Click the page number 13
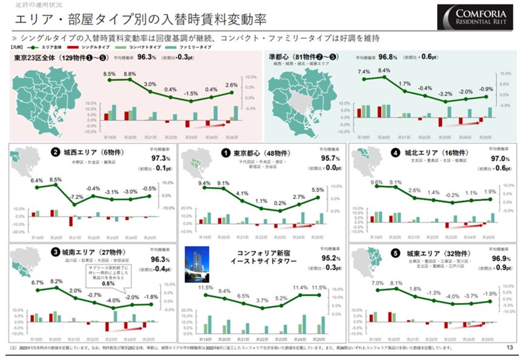pos(509,348)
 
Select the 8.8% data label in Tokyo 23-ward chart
pos(130,73)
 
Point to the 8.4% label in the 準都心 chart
pos(384,70)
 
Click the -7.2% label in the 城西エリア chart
pos(75,197)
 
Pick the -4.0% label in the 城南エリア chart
pos(112,301)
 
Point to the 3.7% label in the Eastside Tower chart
pos(262,301)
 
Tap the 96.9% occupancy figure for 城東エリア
pos(501,258)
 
